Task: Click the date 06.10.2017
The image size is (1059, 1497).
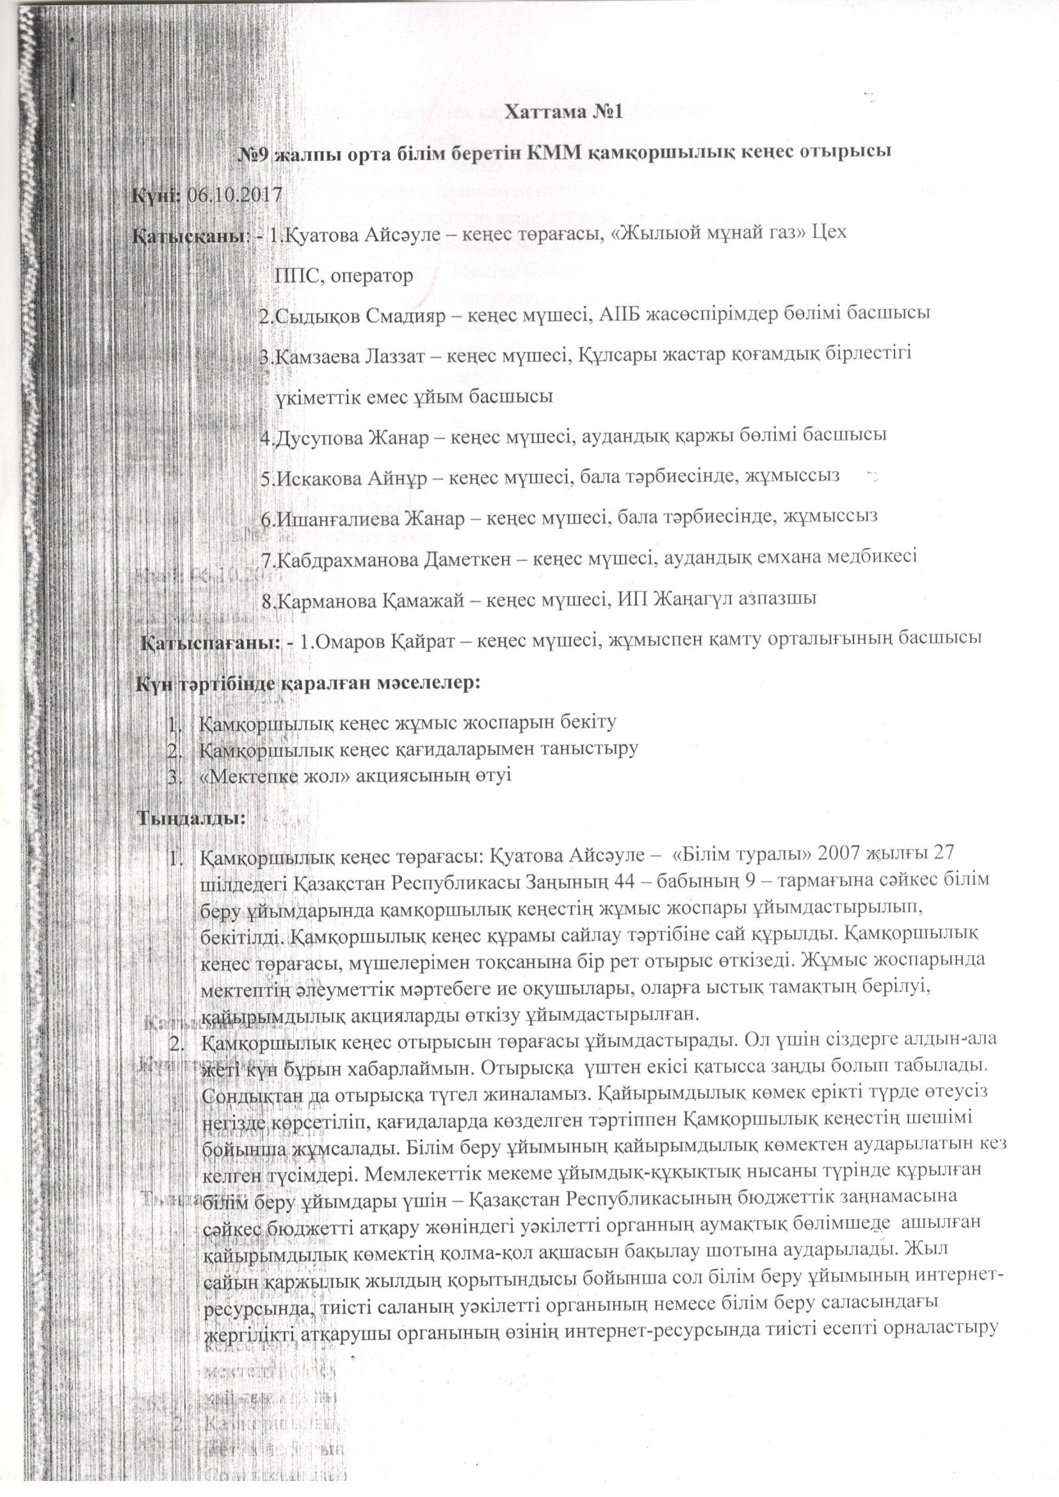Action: (234, 194)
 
